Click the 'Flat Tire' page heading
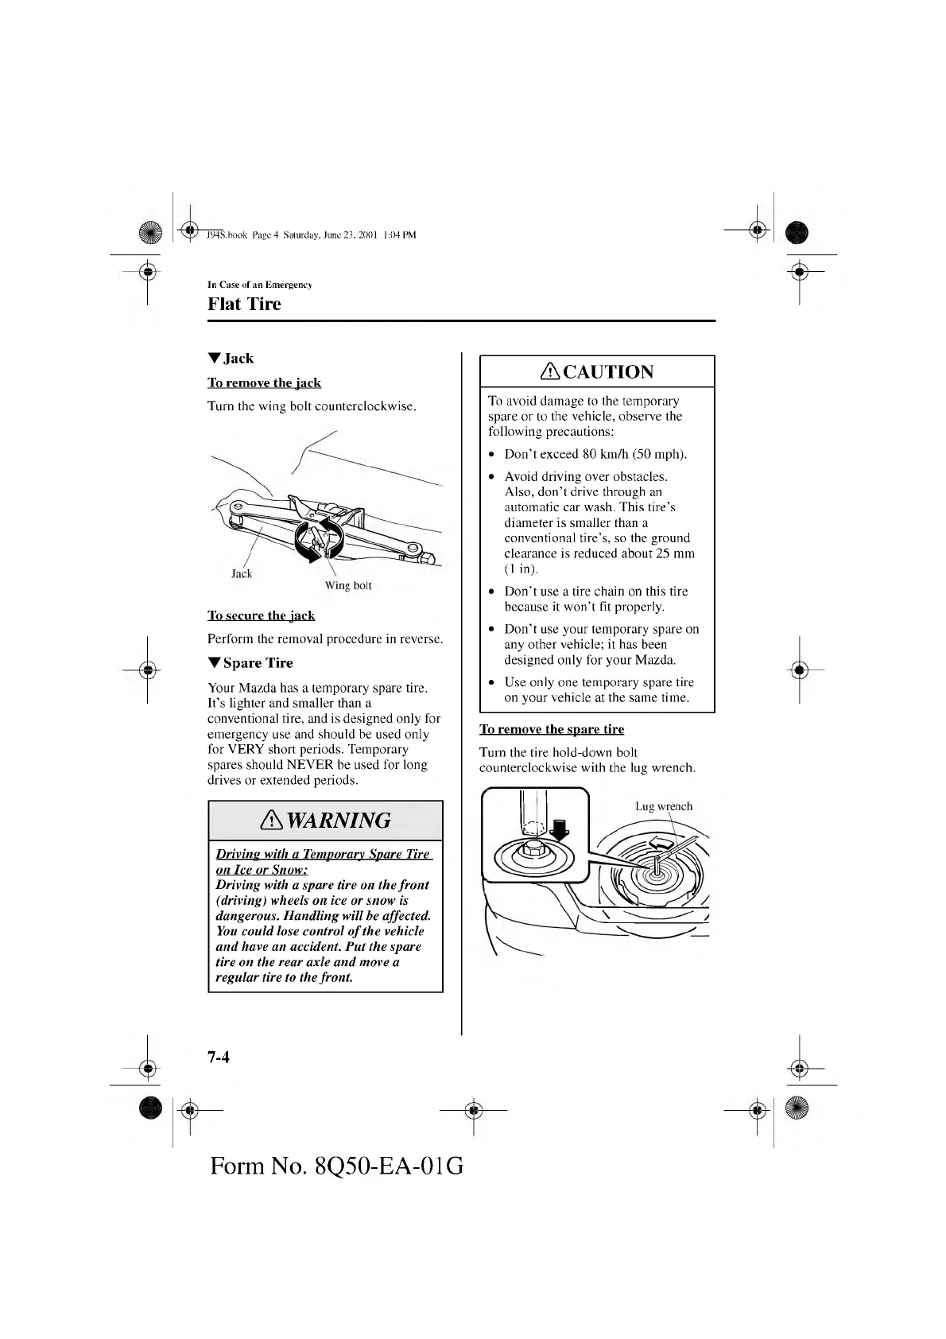(x=244, y=305)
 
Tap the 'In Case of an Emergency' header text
(x=259, y=285)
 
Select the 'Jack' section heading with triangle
(x=231, y=359)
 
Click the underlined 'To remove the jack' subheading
(x=264, y=383)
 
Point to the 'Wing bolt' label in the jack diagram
(x=347, y=586)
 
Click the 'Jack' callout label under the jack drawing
(x=242, y=573)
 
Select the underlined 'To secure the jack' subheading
(x=261, y=615)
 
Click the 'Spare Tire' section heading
(x=250, y=663)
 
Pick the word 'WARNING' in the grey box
(x=339, y=821)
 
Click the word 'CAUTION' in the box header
(x=608, y=372)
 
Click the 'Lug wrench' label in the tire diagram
(x=664, y=806)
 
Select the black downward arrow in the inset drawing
(x=561, y=829)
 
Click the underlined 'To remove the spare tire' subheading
(x=552, y=729)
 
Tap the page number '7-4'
(x=219, y=1058)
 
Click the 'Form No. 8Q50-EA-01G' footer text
(x=337, y=1166)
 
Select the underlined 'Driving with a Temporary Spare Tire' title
(x=323, y=854)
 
